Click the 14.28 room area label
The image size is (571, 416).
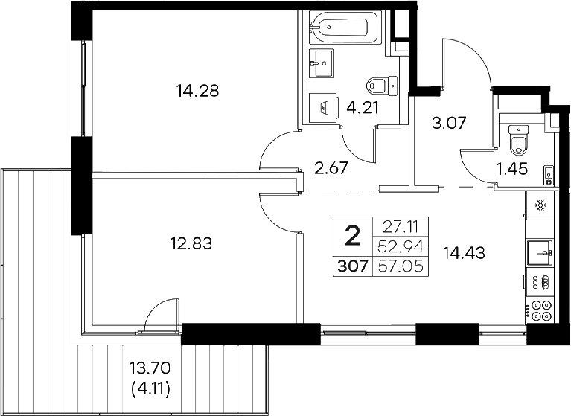[191, 92]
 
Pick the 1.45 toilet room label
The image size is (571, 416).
[512, 169]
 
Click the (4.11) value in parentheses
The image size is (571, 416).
[150, 388]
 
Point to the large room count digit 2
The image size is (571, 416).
[352, 237]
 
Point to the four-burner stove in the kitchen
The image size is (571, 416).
[540, 308]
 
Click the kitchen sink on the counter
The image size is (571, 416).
[540, 252]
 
